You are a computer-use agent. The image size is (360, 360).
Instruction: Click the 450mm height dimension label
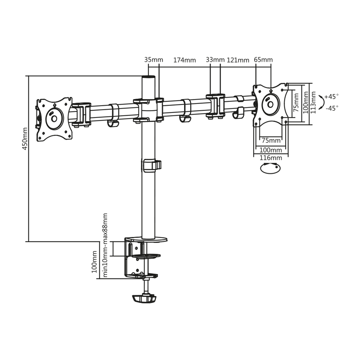pyautogui.click(x=25, y=139)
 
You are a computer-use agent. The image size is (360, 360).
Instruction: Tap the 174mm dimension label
pyautogui.click(x=184, y=60)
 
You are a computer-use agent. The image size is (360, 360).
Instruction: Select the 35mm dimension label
pyautogui.click(x=153, y=60)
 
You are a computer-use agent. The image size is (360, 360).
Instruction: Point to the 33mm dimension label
pyautogui.click(x=215, y=60)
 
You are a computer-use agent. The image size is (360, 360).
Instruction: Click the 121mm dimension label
pyautogui.click(x=238, y=60)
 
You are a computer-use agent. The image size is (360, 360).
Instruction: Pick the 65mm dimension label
pyautogui.click(x=263, y=60)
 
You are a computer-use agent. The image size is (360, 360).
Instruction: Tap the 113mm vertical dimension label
pyautogui.click(x=313, y=103)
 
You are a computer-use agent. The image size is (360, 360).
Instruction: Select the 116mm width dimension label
pyautogui.click(x=271, y=158)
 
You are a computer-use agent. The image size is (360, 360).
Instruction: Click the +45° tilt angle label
pyautogui.click(x=331, y=96)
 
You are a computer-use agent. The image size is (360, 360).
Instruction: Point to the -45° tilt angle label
pyautogui.click(x=332, y=108)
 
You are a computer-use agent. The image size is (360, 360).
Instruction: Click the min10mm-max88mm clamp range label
pyautogui.click(x=105, y=245)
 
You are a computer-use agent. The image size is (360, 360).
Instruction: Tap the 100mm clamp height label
pyautogui.click(x=94, y=262)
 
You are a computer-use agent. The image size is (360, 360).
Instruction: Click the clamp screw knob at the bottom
pyautogui.click(x=144, y=299)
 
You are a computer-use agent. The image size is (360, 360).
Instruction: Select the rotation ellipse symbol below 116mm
pyautogui.click(x=270, y=168)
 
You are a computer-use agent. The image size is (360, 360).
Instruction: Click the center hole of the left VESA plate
pyautogui.click(x=54, y=119)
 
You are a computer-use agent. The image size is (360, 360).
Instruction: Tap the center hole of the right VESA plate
pyautogui.click(x=270, y=105)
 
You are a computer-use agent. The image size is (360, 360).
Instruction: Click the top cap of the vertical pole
pyautogui.click(x=148, y=77)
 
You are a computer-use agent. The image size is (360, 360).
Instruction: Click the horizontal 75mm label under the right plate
pyautogui.click(x=271, y=140)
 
